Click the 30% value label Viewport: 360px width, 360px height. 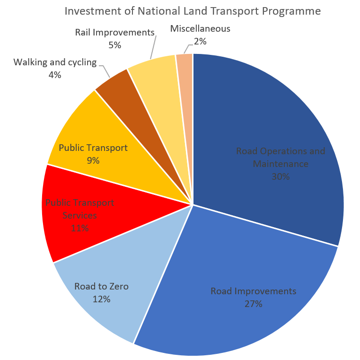tap(281, 176)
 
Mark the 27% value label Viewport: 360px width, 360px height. tap(254, 304)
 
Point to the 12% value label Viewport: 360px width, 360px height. tap(101, 299)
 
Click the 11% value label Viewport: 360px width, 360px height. tap(79, 228)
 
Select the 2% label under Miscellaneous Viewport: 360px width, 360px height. tap(200, 41)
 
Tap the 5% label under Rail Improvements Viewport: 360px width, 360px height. tap(115, 45)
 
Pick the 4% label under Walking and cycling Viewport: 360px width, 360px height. tap(54, 74)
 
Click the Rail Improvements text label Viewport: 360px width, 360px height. tap(115, 33)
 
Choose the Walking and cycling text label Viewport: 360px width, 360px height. tap(55, 62)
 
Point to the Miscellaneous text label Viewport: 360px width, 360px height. tap(200, 29)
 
